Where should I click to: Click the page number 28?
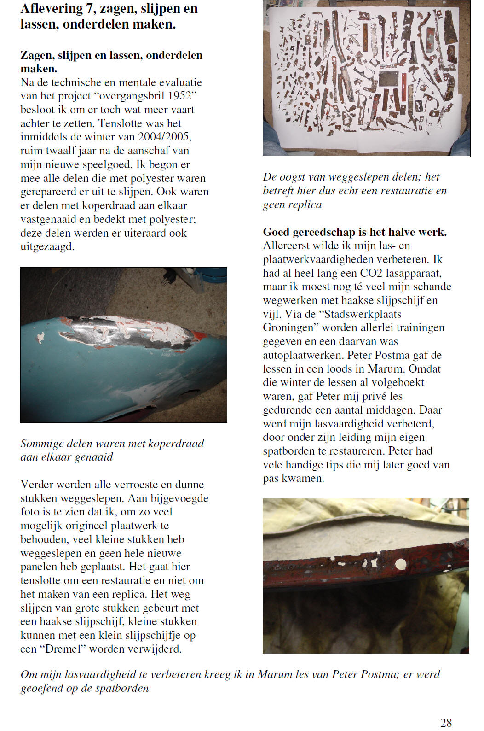(x=446, y=722)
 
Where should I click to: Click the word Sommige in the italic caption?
(x=42, y=444)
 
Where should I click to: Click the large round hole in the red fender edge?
(x=401, y=563)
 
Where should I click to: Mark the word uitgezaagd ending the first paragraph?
(x=46, y=247)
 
